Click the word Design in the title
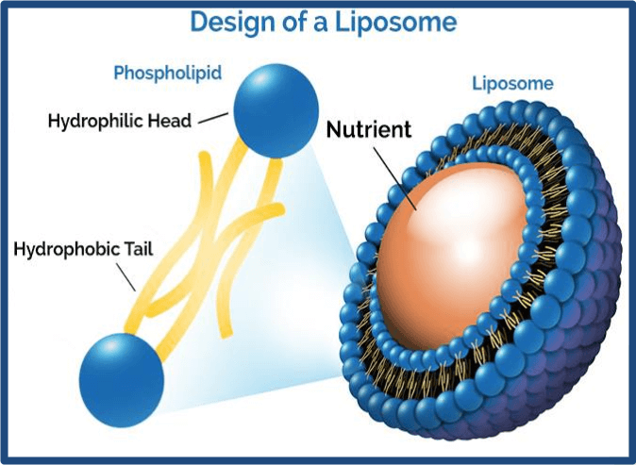pos(231,23)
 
